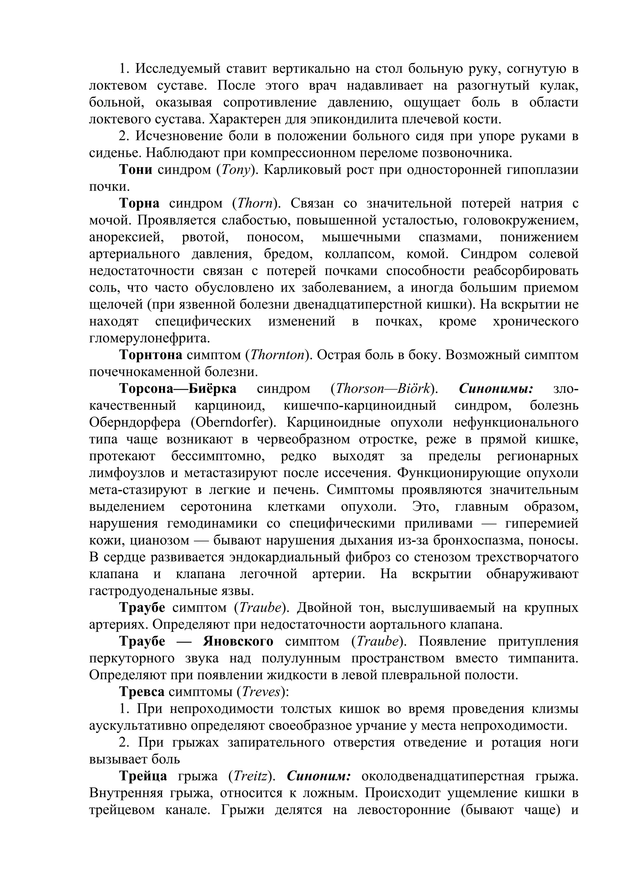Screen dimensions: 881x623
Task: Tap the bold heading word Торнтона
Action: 151,355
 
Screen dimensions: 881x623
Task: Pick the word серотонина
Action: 216,507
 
